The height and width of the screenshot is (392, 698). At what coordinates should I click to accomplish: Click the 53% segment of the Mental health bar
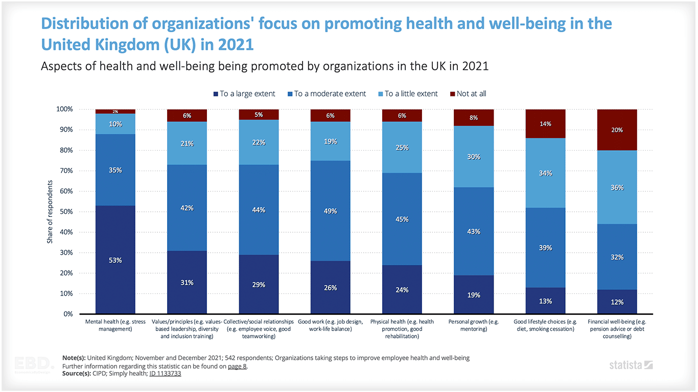[x=115, y=260]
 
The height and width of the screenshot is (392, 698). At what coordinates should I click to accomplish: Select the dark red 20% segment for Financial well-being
[x=617, y=130]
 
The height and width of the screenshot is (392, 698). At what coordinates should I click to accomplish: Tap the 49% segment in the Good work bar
[x=330, y=211]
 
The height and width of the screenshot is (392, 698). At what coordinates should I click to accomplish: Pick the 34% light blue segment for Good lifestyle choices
[x=545, y=173]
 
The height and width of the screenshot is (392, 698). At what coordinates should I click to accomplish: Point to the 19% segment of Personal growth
[x=474, y=295]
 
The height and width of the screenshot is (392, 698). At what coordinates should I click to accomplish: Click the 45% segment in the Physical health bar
[x=402, y=219]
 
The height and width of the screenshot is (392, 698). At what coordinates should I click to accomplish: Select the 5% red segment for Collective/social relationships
[x=259, y=115]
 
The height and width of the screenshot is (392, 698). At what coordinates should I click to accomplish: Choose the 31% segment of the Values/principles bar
[x=187, y=282]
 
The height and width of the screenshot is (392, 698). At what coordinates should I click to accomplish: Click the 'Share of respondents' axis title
[x=50, y=211]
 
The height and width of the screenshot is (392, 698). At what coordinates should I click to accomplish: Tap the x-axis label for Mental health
[x=115, y=326]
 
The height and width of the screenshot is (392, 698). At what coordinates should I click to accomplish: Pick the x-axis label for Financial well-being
[x=617, y=329]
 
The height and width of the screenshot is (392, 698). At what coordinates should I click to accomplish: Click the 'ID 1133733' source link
[x=165, y=373]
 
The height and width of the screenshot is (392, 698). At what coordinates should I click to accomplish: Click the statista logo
[x=631, y=365]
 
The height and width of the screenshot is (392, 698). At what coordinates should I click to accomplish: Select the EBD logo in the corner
[x=34, y=364]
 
